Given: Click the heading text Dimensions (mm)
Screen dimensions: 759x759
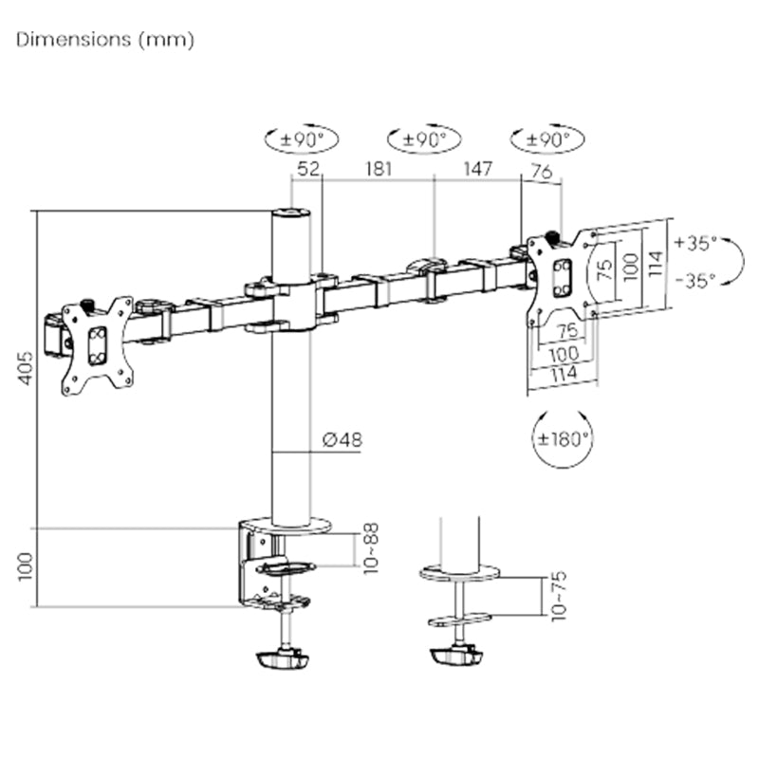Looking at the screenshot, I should click(x=105, y=40).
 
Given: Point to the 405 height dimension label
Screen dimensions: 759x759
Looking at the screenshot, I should click(x=26, y=368).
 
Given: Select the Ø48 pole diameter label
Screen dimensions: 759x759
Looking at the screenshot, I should click(x=342, y=439).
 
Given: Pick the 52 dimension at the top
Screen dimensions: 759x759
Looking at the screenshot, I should click(x=307, y=170).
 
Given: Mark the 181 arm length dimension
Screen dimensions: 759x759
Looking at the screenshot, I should click(x=376, y=170).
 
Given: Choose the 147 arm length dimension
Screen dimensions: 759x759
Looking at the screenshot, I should click(x=477, y=170).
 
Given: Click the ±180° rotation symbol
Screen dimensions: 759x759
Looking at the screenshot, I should click(x=562, y=439).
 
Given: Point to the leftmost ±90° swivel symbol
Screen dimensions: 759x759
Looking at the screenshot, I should click(x=302, y=139).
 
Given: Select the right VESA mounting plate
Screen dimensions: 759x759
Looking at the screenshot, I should click(x=562, y=276).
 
